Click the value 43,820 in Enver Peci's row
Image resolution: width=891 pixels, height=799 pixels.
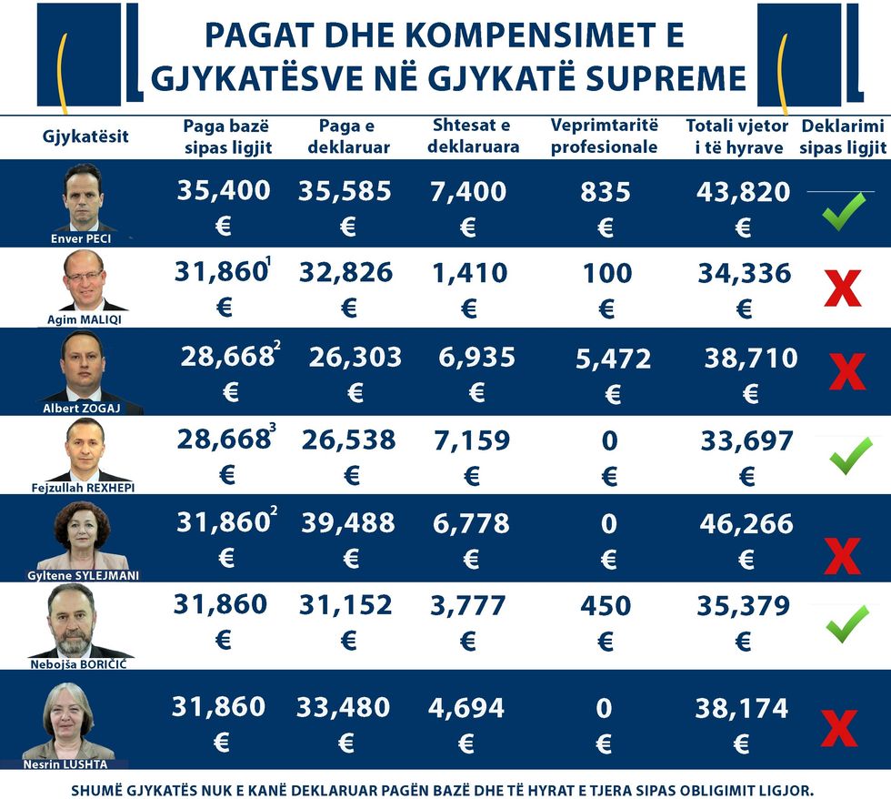click(x=743, y=191)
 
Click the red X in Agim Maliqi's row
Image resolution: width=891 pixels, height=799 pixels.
click(x=843, y=288)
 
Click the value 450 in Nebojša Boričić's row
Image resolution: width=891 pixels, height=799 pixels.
click(x=606, y=605)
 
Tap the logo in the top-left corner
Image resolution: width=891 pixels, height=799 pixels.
click(x=89, y=55)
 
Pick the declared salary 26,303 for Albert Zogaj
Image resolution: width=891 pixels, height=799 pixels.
click(x=355, y=358)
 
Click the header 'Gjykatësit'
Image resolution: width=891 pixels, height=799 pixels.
click(x=85, y=137)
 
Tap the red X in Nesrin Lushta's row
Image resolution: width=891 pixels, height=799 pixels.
click(x=838, y=728)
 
